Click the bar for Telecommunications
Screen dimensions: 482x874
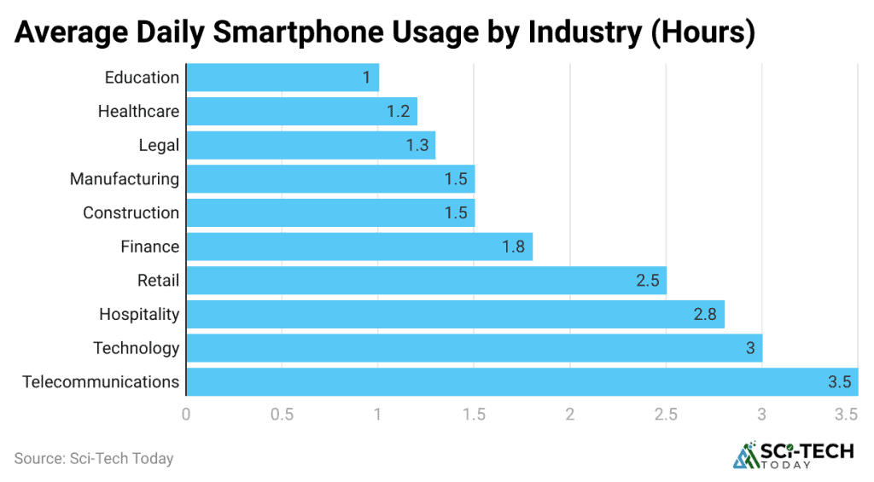coord(521,381)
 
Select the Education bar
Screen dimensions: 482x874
coord(282,78)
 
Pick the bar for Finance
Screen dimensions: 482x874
coord(358,247)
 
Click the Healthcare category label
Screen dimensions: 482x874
coord(138,111)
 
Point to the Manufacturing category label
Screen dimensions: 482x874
coord(125,179)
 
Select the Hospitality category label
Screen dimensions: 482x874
coord(139,314)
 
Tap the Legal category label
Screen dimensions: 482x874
coord(159,145)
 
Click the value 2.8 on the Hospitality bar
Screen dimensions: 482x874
coord(705,314)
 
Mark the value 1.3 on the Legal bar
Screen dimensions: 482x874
coord(417,145)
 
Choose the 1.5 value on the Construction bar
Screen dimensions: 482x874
coord(455,212)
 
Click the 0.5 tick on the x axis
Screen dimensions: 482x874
coord(282,415)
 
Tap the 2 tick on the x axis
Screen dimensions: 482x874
coord(569,415)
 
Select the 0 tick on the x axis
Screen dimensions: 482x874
coord(186,415)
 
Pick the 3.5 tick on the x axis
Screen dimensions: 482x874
coord(847,415)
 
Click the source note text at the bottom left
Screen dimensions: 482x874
coord(94,458)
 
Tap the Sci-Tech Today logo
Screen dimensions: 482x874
coord(793,456)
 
